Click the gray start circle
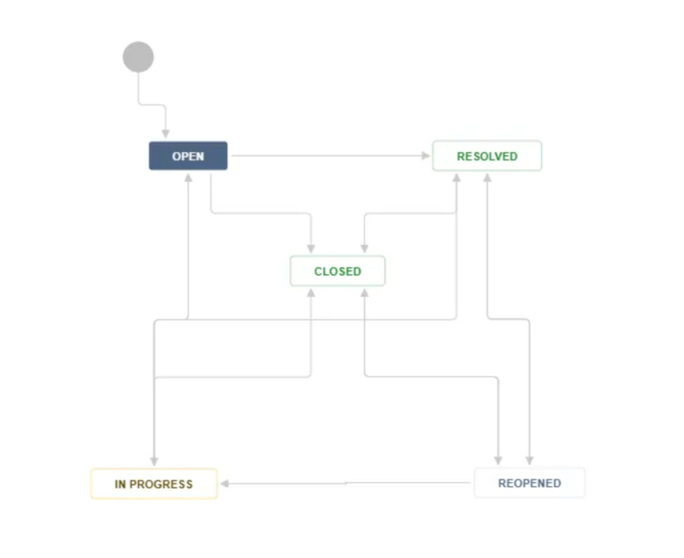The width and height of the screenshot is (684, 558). point(138,57)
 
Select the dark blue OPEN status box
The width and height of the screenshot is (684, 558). point(188,156)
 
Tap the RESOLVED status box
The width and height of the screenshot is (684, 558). point(487,156)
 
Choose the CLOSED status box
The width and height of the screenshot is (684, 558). point(338,271)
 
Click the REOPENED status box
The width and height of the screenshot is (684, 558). point(530,483)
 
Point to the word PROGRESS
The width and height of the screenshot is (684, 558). point(161,484)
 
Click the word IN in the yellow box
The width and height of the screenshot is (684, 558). point(120,484)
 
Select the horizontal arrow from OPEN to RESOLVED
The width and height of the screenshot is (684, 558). point(331,156)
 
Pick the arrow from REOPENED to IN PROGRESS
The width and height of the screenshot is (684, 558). point(345,484)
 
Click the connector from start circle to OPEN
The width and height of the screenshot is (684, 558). point(152,104)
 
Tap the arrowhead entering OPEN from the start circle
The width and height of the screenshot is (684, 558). point(165,134)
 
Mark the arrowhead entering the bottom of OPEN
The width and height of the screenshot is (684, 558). point(188,178)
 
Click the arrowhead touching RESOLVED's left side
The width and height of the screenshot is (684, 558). point(426,156)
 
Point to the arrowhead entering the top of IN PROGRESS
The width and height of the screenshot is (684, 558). point(154,461)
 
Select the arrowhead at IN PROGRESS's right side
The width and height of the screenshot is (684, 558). point(225,484)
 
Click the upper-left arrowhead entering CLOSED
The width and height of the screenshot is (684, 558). point(311,249)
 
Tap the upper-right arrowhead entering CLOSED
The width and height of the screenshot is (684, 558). point(365,249)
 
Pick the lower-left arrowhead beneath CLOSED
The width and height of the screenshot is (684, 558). point(311,294)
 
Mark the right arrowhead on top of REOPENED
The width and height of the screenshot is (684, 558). point(530,460)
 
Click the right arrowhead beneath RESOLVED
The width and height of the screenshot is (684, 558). point(488,178)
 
